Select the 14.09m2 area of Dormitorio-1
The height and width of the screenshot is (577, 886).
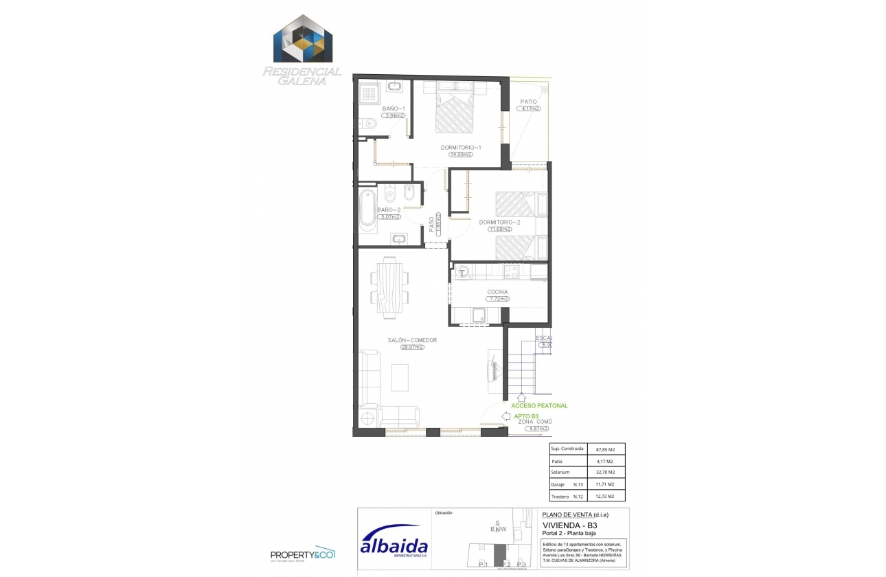462,155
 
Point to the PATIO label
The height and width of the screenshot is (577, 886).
528,102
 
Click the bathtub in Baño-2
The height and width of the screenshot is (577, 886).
367,209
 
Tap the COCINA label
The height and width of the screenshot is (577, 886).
498,292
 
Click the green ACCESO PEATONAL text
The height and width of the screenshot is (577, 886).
539,406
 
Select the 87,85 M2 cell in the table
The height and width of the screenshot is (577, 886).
605,449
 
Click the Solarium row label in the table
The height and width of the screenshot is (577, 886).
560,473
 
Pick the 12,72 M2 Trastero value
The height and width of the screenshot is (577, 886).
605,496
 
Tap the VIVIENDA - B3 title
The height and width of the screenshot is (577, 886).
565,525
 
